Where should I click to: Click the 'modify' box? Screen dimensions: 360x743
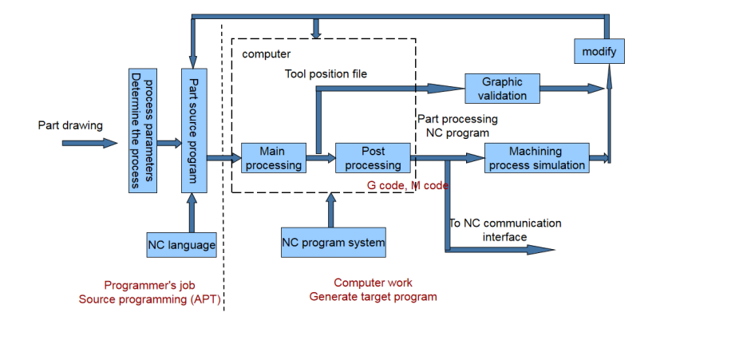[x=599, y=52]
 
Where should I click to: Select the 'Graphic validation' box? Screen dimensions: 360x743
[x=503, y=89]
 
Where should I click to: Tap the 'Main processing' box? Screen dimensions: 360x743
[x=273, y=158]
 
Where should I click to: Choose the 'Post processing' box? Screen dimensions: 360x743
[x=373, y=158]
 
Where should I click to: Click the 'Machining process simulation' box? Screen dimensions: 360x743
[x=536, y=158]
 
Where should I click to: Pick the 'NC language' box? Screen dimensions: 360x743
[x=182, y=245]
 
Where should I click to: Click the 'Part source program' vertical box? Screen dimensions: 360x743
[x=192, y=130]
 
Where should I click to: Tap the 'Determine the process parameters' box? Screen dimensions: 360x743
[x=140, y=130]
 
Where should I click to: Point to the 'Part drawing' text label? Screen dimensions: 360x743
[x=70, y=126]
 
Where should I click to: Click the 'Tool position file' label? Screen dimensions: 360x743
[x=326, y=74]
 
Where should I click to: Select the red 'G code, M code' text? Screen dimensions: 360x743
[x=407, y=185]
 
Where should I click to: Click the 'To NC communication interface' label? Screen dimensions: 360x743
[x=504, y=230]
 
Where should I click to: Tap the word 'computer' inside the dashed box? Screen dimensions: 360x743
[x=266, y=53]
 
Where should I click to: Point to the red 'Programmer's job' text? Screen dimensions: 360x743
[x=149, y=285]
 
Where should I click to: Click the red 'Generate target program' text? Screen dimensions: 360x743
[x=373, y=297]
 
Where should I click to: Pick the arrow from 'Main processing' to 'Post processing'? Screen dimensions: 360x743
[x=322, y=159]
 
